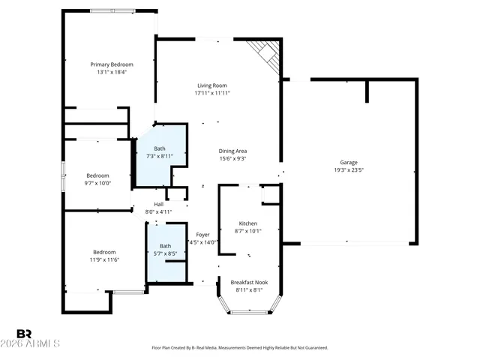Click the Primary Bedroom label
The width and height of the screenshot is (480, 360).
(112, 64)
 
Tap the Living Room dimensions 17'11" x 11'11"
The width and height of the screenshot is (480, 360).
(212, 94)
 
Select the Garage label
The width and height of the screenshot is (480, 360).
(349, 162)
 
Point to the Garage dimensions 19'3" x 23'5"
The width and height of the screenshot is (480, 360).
(349, 170)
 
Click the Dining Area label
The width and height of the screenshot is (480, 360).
(232, 150)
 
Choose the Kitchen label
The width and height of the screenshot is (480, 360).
(248, 223)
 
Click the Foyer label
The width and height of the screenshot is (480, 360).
(202, 234)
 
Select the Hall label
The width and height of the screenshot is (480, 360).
(159, 204)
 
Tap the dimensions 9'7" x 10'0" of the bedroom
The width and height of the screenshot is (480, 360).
(97, 183)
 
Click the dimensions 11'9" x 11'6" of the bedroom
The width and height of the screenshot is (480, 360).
(104, 259)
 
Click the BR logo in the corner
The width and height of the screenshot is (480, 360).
(24, 333)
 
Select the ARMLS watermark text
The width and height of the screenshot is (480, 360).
(37, 344)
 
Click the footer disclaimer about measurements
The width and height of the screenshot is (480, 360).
(239, 348)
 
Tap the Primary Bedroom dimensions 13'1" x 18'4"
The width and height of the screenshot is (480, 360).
(112, 73)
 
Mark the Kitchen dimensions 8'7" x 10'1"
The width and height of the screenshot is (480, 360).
(248, 231)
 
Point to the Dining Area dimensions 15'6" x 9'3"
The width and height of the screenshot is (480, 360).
(232, 158)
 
